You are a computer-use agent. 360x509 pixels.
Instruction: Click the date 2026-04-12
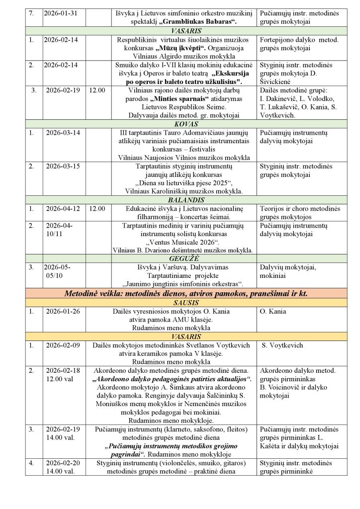[x=62, y=209]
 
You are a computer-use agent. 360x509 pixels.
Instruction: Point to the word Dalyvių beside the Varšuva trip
[x=271, y=267]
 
